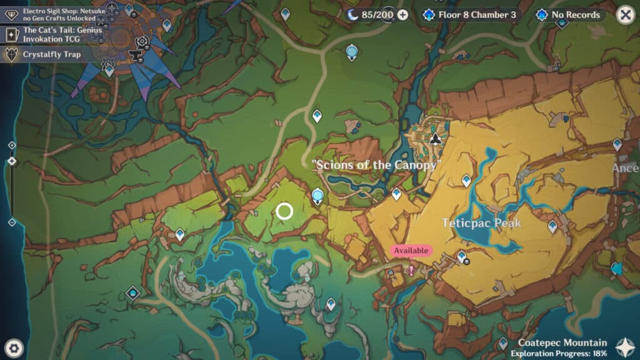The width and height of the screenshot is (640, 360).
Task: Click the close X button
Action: (625, 15)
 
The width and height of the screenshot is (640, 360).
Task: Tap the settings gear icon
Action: (14, 347)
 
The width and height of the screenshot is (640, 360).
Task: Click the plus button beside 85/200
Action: (402, 15)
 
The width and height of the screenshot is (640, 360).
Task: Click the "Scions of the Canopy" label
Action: (377, 165)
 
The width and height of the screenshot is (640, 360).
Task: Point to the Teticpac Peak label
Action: (481, 223)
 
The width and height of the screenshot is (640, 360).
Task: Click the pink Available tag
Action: (411, 251)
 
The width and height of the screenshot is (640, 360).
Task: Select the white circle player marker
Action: (284, 211)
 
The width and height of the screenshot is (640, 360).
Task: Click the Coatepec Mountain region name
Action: (562, 342)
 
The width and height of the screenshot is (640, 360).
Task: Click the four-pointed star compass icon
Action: (624, 347)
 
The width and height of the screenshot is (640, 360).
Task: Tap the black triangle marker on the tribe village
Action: (436, 137)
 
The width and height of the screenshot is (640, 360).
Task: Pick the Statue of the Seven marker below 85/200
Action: (352, 51)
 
